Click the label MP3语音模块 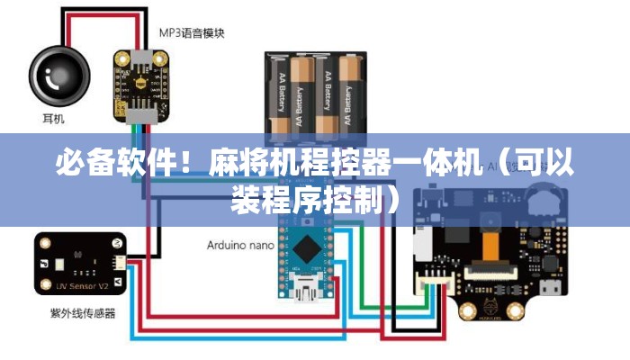(192, 33)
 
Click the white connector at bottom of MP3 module (140, 114)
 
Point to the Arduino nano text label (240, 245)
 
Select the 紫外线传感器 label (82, 316)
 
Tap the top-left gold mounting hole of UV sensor (45, 244)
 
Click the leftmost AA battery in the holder (280, 95)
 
